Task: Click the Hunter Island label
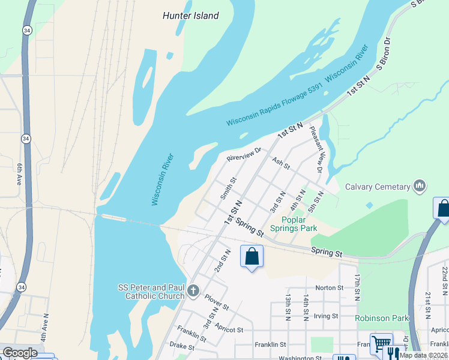190,16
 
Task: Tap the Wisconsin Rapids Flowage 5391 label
275,105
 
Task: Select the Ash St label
280,163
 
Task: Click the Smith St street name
228,188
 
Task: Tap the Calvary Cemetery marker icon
420,186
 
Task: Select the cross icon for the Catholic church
193,291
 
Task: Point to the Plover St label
216,302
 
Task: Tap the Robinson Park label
382,318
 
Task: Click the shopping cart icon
381,344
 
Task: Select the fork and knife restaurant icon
394,353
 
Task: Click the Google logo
20,353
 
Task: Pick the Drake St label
182,347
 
